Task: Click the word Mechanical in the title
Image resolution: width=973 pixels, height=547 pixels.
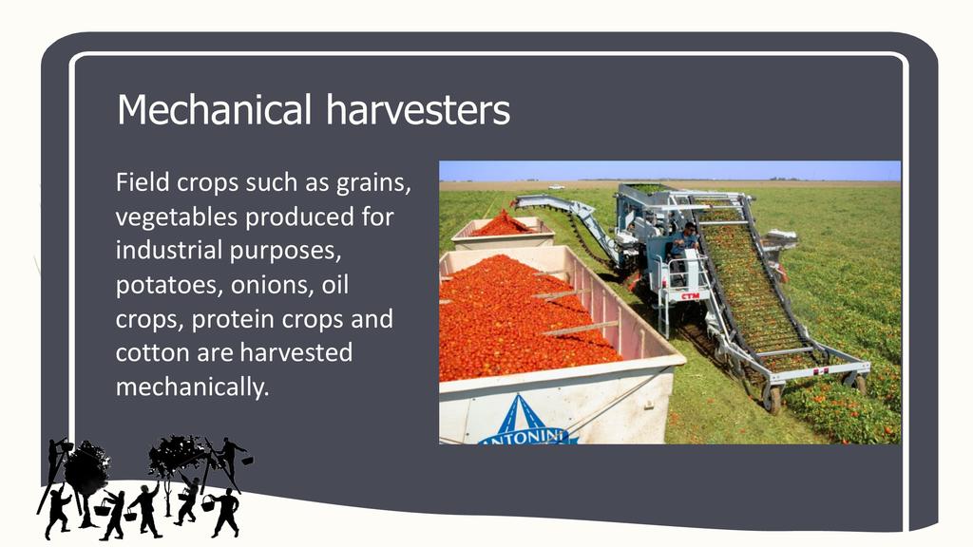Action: click(214, 109)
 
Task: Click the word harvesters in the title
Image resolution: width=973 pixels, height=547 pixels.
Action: click(418, 109)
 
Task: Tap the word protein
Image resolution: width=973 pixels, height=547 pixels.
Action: click(233, 320)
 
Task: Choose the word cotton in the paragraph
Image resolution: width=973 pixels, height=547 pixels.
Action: click(153, 353)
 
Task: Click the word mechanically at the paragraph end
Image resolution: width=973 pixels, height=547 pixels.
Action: click(192, 387)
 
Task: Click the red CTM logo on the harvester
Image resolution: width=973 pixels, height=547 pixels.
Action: click(690, 296)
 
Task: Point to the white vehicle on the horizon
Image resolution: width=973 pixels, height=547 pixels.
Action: click(557, 186)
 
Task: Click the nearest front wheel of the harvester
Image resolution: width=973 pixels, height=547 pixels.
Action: click(773, 400)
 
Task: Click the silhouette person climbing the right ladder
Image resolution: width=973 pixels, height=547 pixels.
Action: click(229, 457)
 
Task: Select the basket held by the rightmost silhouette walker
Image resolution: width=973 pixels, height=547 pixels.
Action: click(207, 503)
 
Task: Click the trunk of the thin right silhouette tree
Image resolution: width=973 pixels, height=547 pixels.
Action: click(167, 496)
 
